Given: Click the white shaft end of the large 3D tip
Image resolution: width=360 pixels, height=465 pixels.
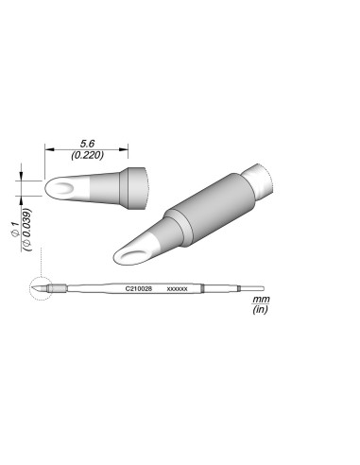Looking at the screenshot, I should [259, 180].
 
